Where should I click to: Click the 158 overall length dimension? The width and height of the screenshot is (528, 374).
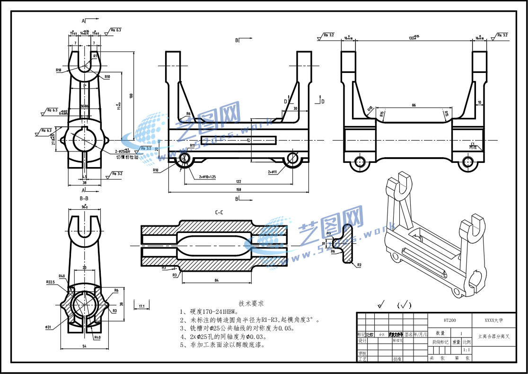(x=238, y=190)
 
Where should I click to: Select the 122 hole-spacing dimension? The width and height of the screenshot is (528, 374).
(x=238, y=181)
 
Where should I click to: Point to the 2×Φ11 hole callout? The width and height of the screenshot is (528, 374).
(x=273, y=172)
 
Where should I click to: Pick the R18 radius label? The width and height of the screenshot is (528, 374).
(x=59, y=70)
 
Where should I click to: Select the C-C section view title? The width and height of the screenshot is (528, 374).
(x=219, y=213)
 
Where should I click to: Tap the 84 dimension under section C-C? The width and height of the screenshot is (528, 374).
(x=217, y=281)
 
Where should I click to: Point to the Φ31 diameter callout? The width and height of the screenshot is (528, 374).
(x=48, y=327)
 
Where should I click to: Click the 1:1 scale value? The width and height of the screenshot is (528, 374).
(x=466, y=350)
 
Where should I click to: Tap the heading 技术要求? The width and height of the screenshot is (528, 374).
(x=251, y=303)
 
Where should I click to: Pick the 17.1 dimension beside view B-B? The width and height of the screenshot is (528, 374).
(x=141, y=306)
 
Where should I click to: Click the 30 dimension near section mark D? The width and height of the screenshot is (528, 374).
(x=295, y=108)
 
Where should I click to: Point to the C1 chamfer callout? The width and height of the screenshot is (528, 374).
(x=473, y=143)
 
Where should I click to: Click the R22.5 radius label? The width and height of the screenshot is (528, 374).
(x=51, y=282)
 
